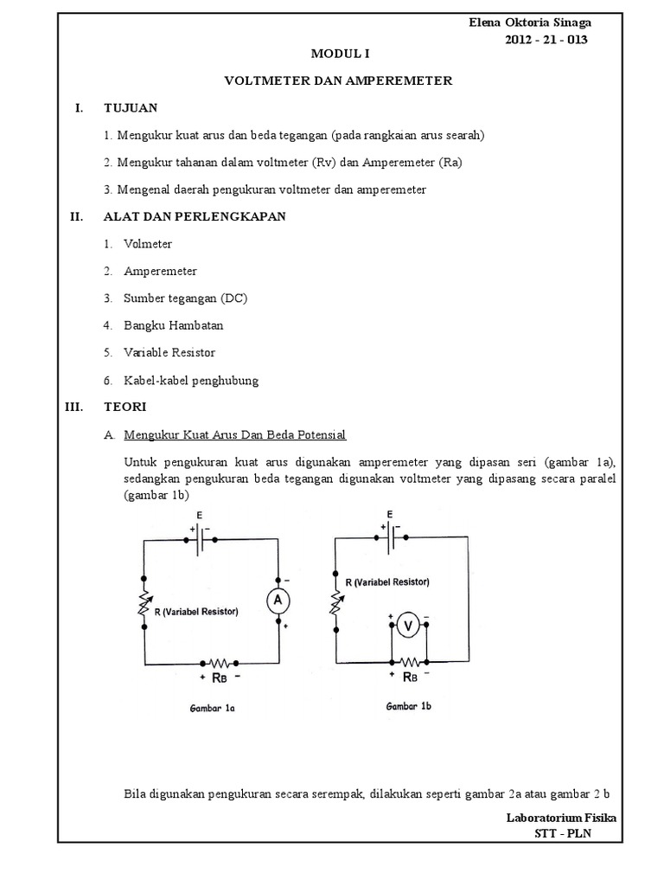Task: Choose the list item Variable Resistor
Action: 169,352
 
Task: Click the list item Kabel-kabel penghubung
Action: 191,380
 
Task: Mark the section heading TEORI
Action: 125,407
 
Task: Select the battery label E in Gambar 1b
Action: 390,514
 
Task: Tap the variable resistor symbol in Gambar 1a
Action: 144,606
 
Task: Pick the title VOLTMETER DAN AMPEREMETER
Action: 338,80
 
